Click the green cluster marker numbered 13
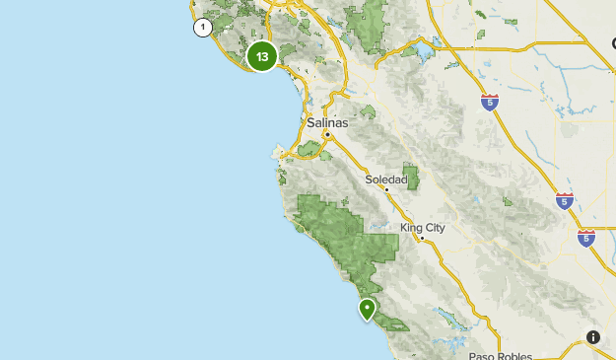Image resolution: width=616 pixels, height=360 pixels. [261, 56]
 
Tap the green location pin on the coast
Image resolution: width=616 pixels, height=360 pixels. [367, 309]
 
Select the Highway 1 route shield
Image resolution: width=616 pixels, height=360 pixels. [202, 28]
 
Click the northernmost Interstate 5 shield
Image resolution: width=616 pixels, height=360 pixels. [490, 102]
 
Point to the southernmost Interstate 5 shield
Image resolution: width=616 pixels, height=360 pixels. [585, 238]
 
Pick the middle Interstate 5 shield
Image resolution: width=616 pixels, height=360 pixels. [564, 201]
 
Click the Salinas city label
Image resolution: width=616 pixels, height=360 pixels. [327, 123]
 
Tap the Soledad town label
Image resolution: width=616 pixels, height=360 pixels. [385, 180]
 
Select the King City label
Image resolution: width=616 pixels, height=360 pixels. [423, 228]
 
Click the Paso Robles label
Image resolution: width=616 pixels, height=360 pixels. [500, 355]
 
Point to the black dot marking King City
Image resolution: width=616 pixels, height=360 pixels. [422, 238]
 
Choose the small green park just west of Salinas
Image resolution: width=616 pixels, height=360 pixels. [309, 149]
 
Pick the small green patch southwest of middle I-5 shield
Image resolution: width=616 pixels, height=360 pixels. [510, 205]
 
